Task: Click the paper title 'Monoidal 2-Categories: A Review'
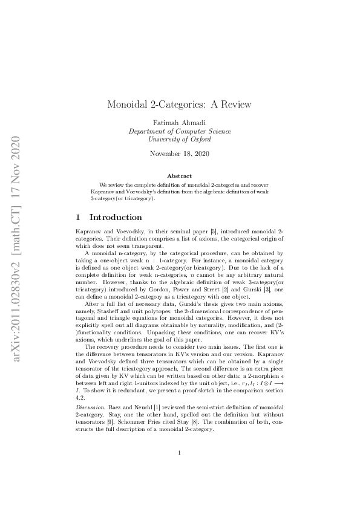pos(179,105)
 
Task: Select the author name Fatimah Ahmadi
pos(179,123)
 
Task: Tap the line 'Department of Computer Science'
pos(179,131)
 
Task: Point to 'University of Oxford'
pos(179,139)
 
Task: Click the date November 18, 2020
pos(179,154)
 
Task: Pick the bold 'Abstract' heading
pos(179,175)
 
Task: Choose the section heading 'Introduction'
pos(116,217)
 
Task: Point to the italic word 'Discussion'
pos(88,406)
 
